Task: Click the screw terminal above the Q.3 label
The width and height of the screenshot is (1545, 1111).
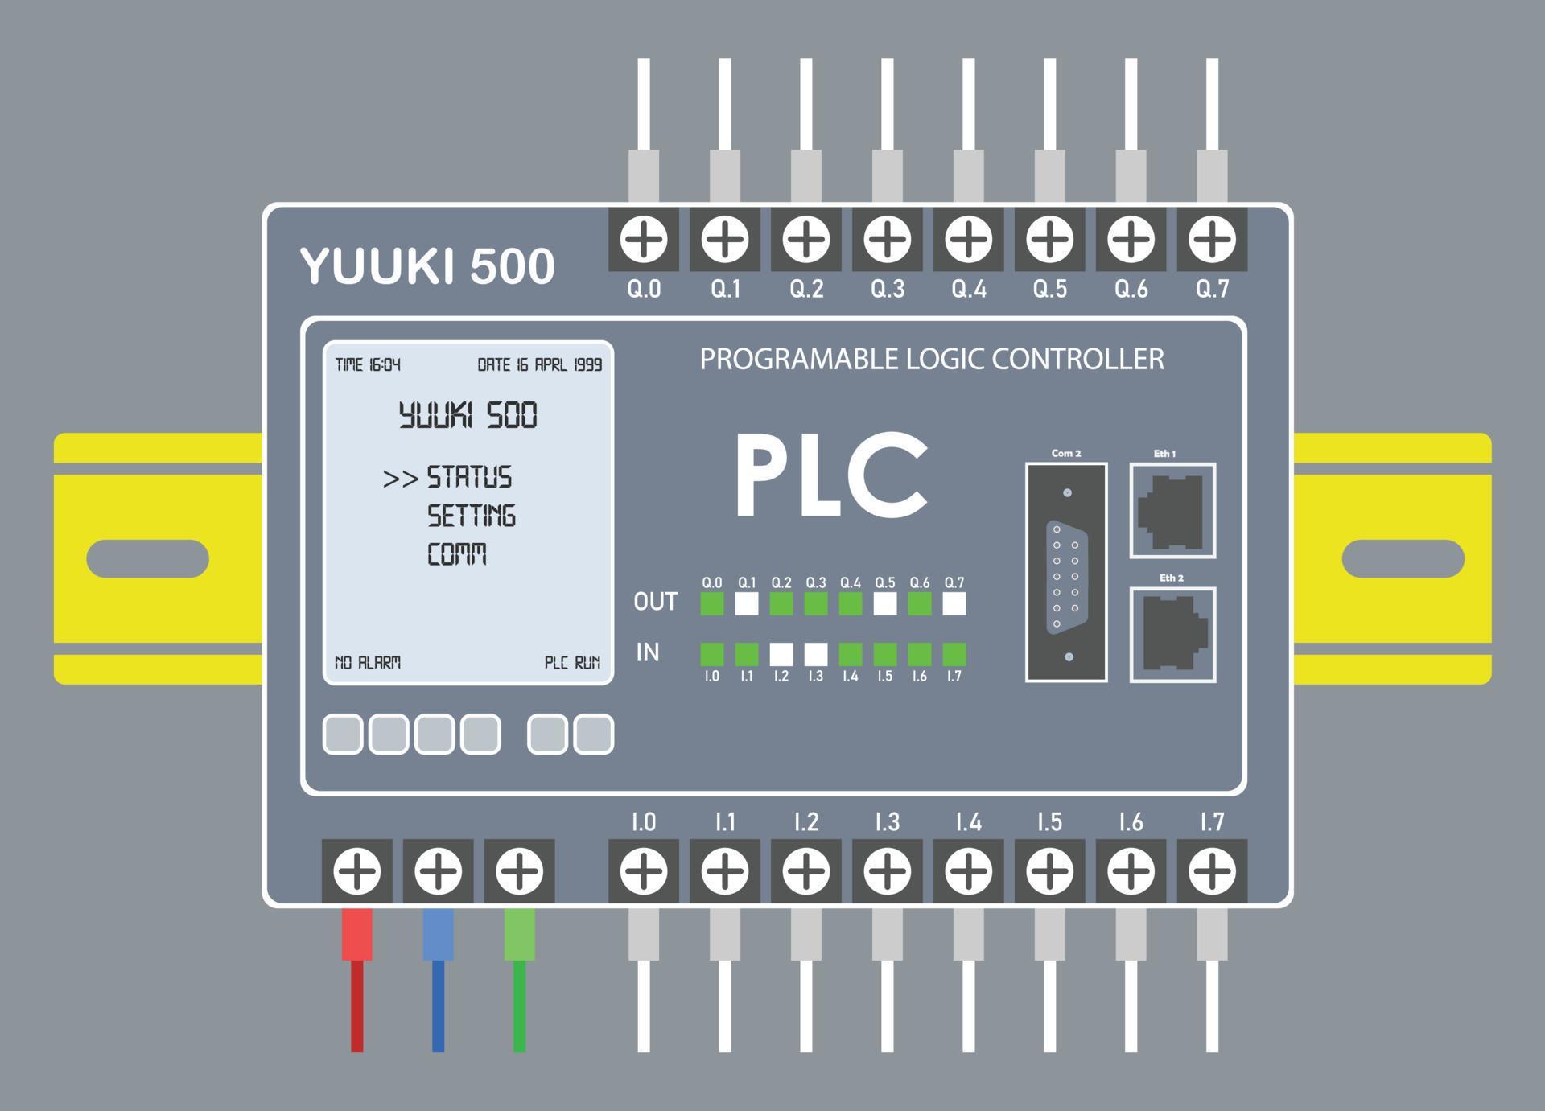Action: click(887, 239)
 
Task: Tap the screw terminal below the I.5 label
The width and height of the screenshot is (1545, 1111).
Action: click(1049, 870)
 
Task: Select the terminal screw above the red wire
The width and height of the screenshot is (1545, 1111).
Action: click(357, 870)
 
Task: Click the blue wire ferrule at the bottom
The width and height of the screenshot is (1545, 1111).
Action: click(438, 934)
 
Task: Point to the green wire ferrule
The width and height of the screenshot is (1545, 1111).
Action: click(519, 934)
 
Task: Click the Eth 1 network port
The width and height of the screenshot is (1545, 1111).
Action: click(1172, 511)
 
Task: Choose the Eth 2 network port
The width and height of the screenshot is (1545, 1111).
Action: click(1172, 635)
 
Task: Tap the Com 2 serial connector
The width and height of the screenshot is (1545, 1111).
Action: click(1066, 573)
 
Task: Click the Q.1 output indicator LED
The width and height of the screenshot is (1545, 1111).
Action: click(747, 603)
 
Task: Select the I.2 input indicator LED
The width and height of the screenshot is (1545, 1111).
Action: click(781, 653)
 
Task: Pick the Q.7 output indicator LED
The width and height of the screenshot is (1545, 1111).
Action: click(954, 603)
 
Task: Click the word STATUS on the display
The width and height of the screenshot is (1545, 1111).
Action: click(469, 477)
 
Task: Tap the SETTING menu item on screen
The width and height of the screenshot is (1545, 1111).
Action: click(471, 516)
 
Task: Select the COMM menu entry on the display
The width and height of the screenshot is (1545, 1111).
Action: click(456, 554)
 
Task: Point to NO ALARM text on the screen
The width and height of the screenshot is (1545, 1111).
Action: click(367, 663)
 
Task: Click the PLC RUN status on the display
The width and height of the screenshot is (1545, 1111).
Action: click(572, 663)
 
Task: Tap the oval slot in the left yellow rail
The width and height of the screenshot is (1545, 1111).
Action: click(147, 558)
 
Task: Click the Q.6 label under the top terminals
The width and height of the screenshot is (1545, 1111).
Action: click(1131, 289)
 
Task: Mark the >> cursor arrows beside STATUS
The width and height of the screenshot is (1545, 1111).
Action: click(400, 479)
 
